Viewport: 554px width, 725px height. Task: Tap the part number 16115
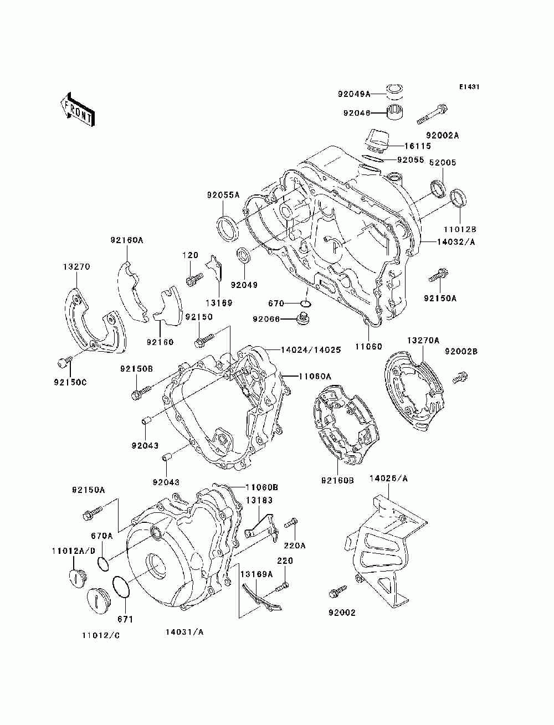(417, 146)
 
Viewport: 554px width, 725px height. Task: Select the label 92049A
(354, 94)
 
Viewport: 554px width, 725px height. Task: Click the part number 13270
(76, 267)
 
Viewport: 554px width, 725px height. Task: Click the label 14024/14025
(311, 350)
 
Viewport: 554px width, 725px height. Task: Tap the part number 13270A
(423, 340)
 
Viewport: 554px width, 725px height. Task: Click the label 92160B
(337, 481)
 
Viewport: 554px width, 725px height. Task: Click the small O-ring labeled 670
(306, 303)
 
